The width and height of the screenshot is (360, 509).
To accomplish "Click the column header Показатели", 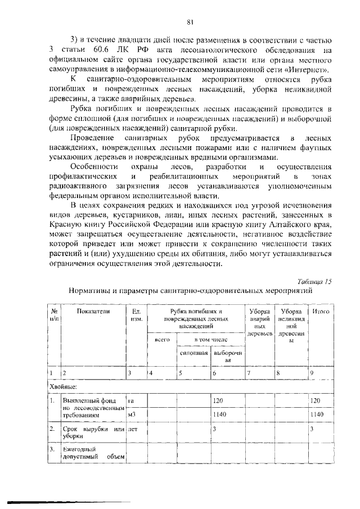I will coord(94,311).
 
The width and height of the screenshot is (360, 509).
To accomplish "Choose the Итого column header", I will coord(321,311).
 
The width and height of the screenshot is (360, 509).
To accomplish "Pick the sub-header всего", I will coord(161,340).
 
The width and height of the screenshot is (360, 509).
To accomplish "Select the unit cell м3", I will coord(133,415).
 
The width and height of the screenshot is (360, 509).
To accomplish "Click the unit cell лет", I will coord(133,430).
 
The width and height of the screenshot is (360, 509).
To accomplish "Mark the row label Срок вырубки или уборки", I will coord(93,433).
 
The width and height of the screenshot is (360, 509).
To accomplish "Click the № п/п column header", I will coord(54,314).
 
